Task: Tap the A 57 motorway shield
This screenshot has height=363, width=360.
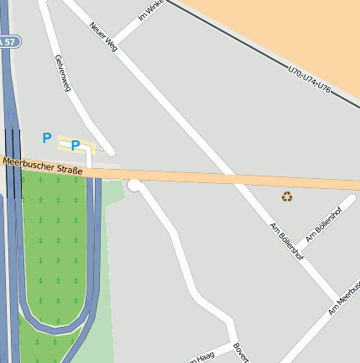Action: [8, 41]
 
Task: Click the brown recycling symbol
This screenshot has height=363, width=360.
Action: [287, 197]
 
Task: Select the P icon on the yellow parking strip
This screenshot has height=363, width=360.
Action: [76, 145]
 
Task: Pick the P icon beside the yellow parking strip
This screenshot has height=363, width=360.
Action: [47, 138]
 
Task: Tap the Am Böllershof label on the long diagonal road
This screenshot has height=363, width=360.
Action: [286, 242]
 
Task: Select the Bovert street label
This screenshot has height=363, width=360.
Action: [242, 352]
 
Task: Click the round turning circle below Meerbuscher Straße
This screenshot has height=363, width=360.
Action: [134, 185]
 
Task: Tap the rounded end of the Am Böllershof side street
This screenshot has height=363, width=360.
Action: [352, 199]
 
